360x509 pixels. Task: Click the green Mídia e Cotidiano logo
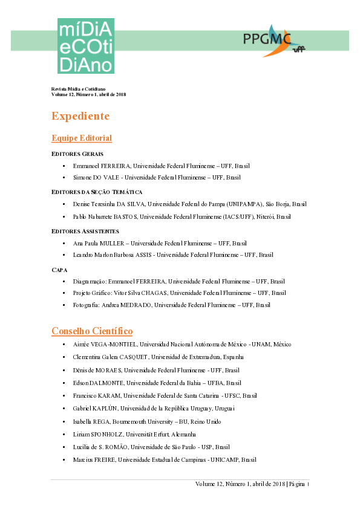86,45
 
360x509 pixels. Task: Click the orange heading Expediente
80,116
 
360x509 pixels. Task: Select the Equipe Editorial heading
82,138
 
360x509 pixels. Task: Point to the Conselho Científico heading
92,331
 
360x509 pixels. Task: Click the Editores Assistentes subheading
85,231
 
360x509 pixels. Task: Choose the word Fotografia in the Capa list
86,305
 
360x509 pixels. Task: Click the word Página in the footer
298,485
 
